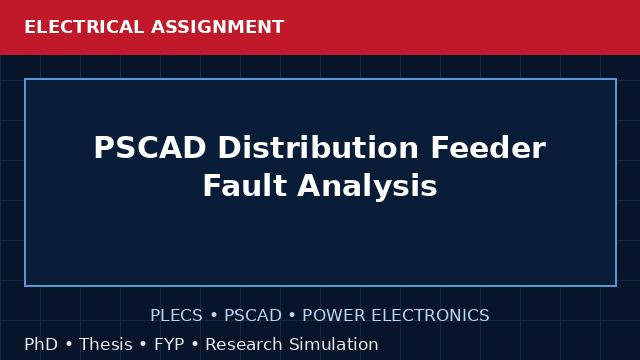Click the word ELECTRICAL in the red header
pos(84,27)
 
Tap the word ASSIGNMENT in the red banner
pos(218,27)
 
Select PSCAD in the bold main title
pos(150,148)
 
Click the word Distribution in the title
pos(318,148)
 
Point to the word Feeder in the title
pos(488,148)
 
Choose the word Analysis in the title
pos(367,187)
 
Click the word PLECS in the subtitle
pos(176,316)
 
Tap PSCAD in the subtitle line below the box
pos(253,316)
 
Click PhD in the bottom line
pos(41,344)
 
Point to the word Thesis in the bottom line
pos(106,344)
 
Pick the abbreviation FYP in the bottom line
pos(169,344)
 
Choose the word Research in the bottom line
pos(244,344)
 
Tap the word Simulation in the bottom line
pos(334,344)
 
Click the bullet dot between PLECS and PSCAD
pos(213,316)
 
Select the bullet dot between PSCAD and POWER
pos(292,316)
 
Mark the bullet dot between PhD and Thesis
pos(69,345)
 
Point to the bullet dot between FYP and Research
pos(195,345)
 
